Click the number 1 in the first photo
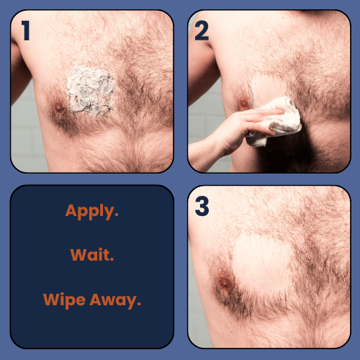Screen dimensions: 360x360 26,31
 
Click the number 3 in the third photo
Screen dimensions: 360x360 203,207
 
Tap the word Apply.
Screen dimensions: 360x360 92,211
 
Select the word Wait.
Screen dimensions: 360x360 92,255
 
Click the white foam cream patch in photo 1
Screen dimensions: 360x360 91,92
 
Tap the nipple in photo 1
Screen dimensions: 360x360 58,109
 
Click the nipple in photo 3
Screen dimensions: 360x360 225,284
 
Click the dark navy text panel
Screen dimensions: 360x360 92,266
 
